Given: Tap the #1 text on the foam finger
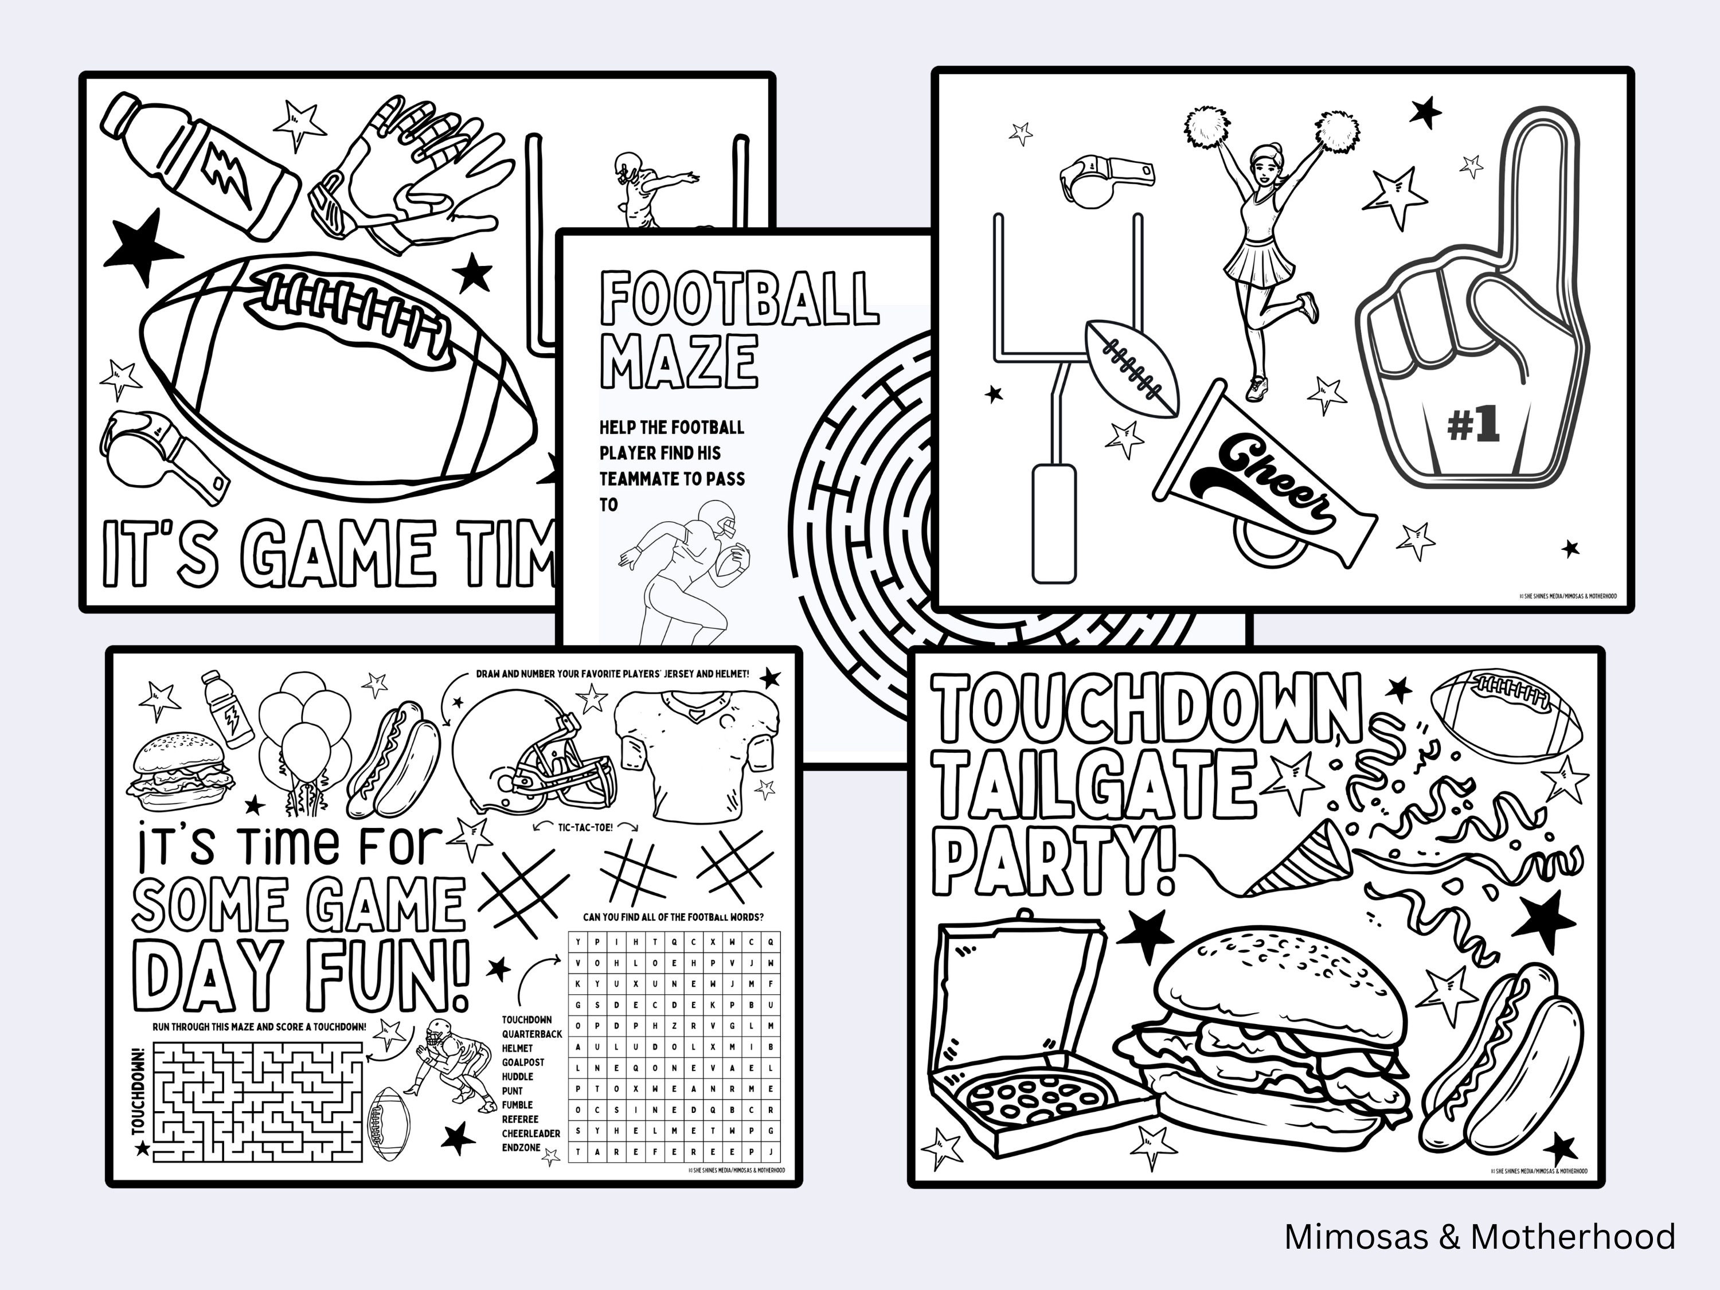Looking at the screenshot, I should click(1473, 425).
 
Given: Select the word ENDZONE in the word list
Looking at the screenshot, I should click(521, 1147).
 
